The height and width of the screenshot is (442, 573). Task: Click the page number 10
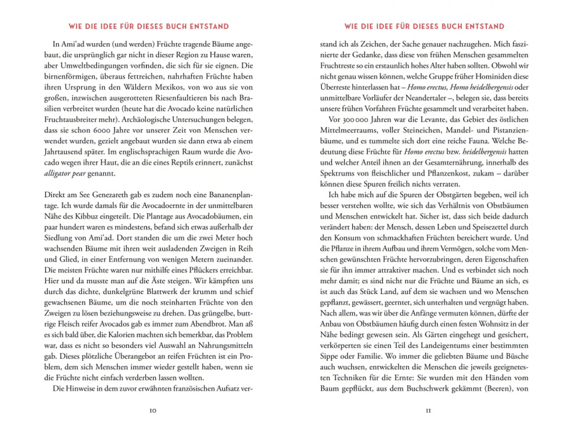click(153, 411)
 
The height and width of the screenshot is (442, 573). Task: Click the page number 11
click(428, 411)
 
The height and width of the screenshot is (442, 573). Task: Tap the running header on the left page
click(148, 26)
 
